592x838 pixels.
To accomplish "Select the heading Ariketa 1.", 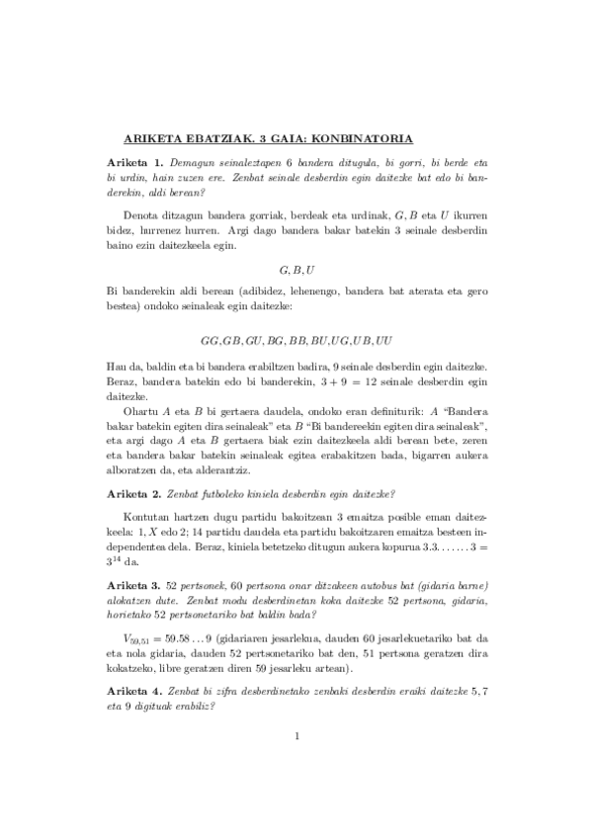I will point(135,160).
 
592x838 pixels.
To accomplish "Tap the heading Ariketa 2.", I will point(135,492).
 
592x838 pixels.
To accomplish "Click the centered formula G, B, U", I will point(296,267).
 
